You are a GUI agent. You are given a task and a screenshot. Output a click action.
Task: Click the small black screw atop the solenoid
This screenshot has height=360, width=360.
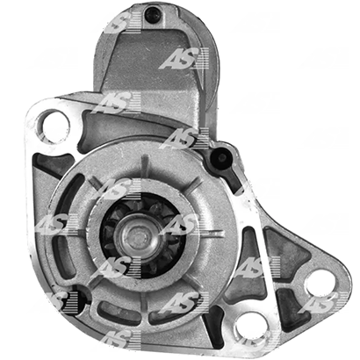click(152, 13)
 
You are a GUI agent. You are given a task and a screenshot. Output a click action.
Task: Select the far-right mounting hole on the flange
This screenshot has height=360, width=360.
click(320, 284)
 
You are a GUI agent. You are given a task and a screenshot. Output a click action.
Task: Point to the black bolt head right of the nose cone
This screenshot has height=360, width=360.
click(221, 158)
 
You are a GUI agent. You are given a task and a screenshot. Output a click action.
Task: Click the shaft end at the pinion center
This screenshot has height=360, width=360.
click(138, 235)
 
